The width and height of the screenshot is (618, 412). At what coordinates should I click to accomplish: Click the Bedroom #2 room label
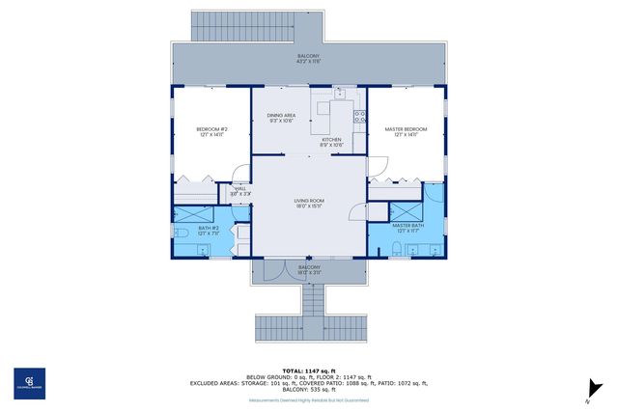(211, 132)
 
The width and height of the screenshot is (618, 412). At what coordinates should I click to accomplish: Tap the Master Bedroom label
(405, 132)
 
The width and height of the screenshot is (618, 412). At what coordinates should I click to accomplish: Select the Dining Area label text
(281, 118)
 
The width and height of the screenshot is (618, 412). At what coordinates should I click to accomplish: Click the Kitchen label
(331, 142)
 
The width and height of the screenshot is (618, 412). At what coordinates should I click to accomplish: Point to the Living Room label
(308, 204)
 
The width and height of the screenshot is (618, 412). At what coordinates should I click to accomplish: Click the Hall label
(239, 191)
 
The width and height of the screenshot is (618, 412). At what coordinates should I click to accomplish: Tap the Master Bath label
(408, 228)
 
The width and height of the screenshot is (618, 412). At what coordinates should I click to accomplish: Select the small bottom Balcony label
(308, 270)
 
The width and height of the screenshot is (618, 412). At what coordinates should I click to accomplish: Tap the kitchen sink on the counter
(339, 95)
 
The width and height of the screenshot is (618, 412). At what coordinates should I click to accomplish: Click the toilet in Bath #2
(183, 233)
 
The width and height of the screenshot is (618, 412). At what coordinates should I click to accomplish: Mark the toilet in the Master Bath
(398, 250)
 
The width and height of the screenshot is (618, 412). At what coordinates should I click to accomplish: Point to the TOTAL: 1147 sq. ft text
(308, 371)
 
